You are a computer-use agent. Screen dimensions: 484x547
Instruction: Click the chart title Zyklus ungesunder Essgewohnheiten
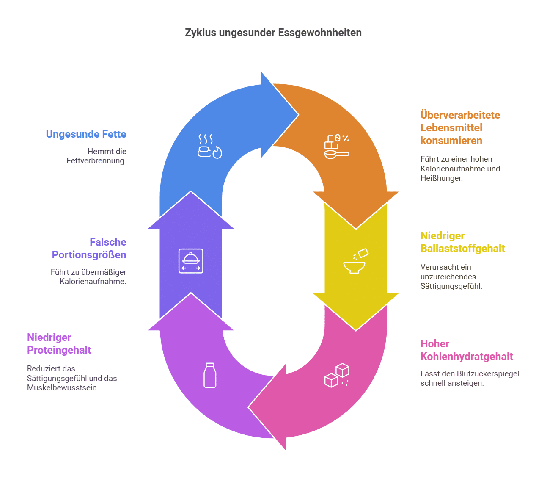click(273, 33)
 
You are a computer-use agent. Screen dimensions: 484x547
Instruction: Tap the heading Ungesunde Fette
click(86, 134)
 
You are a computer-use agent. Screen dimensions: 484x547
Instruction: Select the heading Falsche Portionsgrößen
click(89, 249)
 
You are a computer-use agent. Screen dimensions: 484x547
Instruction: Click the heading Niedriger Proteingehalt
click(59, 344)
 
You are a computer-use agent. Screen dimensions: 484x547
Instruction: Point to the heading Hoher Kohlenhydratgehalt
click(467, 350)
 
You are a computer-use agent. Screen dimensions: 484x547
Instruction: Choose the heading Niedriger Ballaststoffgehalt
click(463, 242)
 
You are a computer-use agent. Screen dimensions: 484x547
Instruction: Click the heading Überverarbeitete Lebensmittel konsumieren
click(460, 127)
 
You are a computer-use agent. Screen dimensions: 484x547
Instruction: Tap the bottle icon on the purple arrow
click(210, 375)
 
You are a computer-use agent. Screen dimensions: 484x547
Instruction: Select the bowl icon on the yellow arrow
click(355, 262)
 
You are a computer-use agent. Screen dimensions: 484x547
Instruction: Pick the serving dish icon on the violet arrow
click(191, 261)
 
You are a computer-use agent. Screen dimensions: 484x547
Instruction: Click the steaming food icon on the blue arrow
click(210, 147)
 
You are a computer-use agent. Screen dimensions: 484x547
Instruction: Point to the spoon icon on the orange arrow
click(336, 147)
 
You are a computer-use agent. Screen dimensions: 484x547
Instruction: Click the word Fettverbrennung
click(96, 161)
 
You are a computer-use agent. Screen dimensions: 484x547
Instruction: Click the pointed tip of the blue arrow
click(298, 114)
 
